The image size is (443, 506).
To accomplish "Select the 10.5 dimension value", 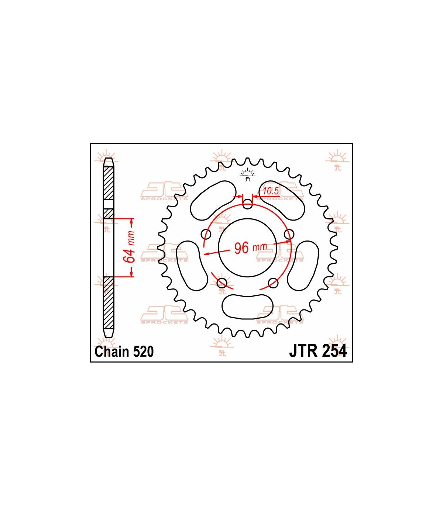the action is tap(271, 191).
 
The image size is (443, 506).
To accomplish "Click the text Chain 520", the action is tap(124, 351).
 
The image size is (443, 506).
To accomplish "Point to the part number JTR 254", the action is tap(318, 351).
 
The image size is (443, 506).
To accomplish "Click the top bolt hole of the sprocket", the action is tap(248, 204).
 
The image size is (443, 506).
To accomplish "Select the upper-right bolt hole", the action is tap(289, 234).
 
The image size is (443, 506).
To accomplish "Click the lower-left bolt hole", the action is tap(222, 283).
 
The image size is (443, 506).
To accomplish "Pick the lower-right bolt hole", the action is tap(273, 283).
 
